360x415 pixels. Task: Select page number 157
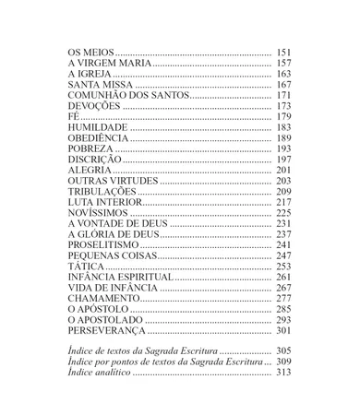(283, 62)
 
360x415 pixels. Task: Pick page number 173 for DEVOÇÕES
(283, 108)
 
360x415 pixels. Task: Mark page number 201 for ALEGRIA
(283, 172)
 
